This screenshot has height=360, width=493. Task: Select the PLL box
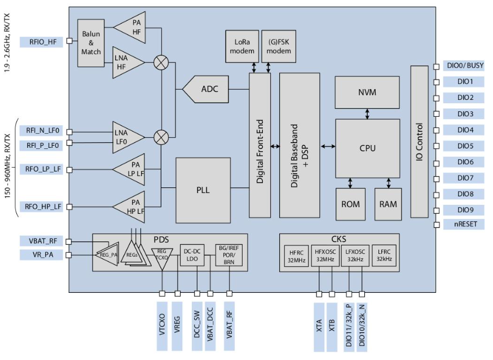[x=203, y=190]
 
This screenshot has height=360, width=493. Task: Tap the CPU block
[x=367, y=148]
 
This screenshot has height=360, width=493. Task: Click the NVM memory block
[x=367, y=93]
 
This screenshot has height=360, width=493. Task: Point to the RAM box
[x=388, y=204]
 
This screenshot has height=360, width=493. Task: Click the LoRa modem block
[x=241, y=47]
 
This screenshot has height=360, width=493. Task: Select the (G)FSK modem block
[x=279, y=47]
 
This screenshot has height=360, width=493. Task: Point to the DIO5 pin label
[x=465, y=146]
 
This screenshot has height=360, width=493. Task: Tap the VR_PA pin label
[x=42, y=254]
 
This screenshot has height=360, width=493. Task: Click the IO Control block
[x=419, y=142]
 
